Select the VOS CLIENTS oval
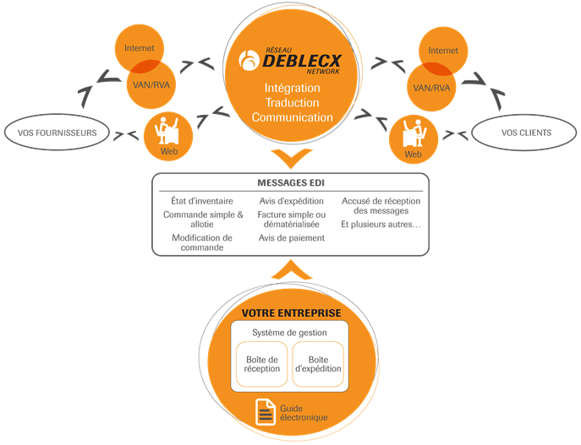pos(525,133)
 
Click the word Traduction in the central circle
pos(292,102)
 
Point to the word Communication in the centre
pos(292,117)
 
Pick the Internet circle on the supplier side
pos(140,49)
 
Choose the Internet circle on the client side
pos(443,50)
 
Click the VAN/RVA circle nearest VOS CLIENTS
pos(433,86)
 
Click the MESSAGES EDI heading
pos(291,183)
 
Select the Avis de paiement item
pos(291,238)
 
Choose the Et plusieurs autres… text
pos(381,225)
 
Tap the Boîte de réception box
pos(261,364)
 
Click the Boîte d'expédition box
pos(318,364)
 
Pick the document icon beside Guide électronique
pos(266,412)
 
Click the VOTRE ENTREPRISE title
pos(291,313)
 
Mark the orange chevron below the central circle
pos(291,158)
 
